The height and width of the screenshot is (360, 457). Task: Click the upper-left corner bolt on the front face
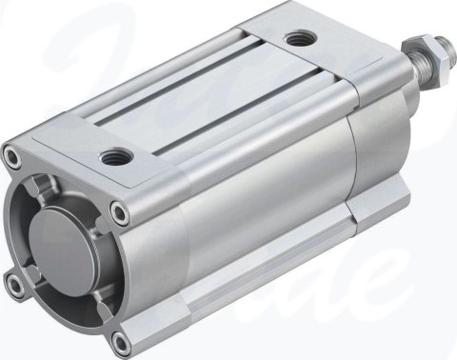pos(11,151)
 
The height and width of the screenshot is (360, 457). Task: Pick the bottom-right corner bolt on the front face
pos(118,338)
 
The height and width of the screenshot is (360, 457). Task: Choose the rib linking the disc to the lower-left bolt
pos(34,272)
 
